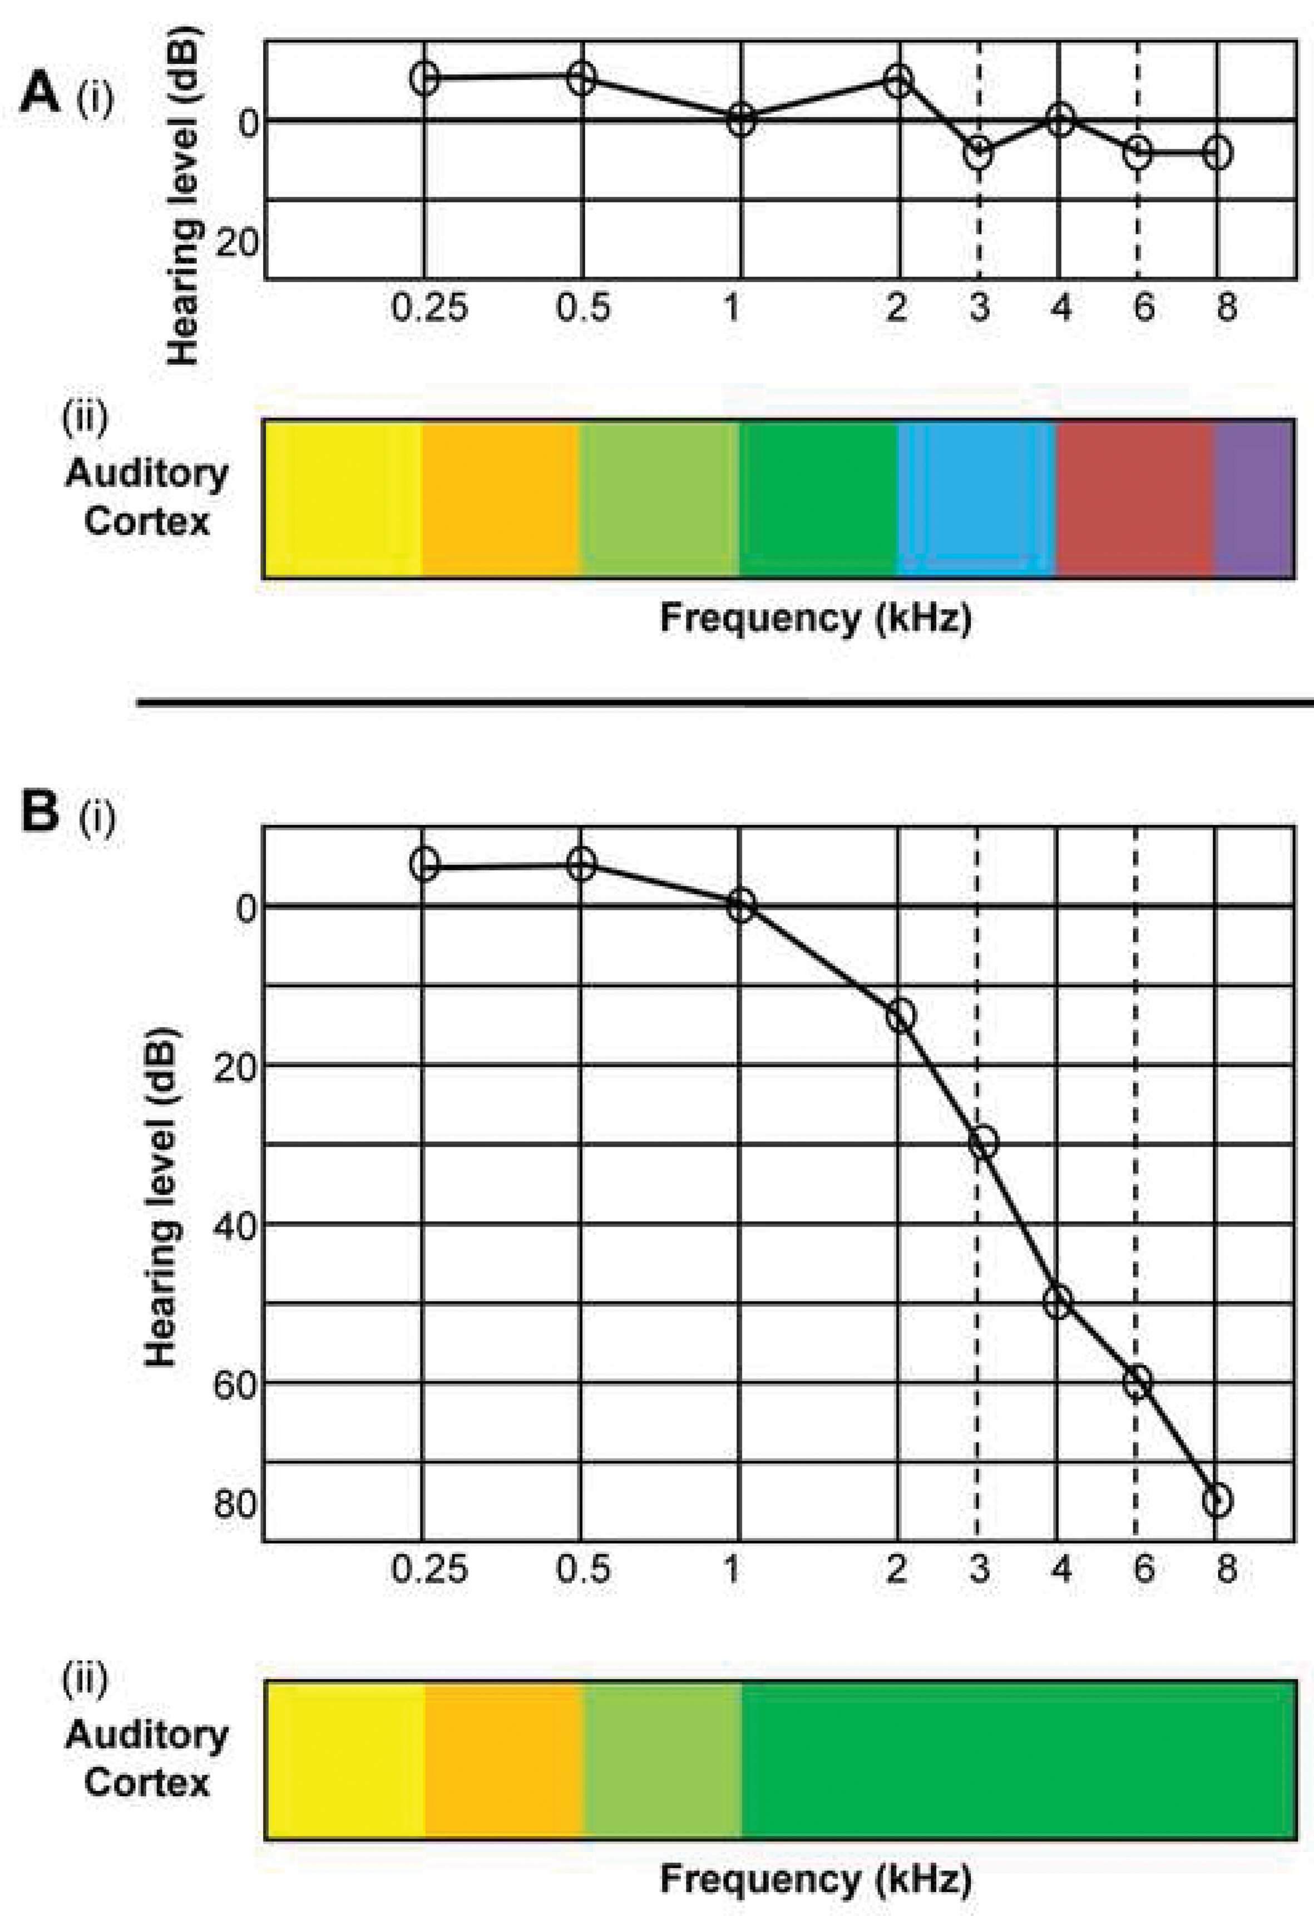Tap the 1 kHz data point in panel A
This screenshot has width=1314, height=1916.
pyautogui.click(x=741, y=120)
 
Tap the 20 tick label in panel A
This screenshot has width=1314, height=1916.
pyautogui.click(x=236, y=243)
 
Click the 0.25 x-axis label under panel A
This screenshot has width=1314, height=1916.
pyautogui.click(x=429, y=308)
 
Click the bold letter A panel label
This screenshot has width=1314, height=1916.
pyautogui.click(x=39, y=93)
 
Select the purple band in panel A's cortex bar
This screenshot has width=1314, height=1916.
pyautogui.click(x=1253, y=499)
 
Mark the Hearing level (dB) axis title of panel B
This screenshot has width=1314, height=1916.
pyautogui.click(x=161, y=1197)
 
